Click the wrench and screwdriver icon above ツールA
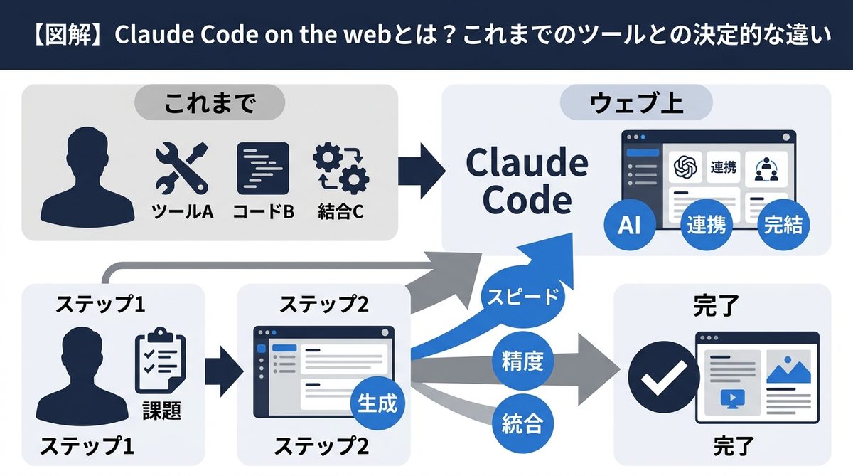pyautogui.click(x=182, y=169)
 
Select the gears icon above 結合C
pyautogui.click(x=340, y=169)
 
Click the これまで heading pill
pyautogui.click(x=210, y=105)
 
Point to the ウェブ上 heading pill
pyautogui.click(x=636, y=105)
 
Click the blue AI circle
pyautogui.click(x=630, y=225)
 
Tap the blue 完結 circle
pyautogui.click(x=783, y=225)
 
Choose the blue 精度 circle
pyautogui.click(x=522, y=361)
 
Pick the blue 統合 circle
pyautogui.click(x=522, y=424)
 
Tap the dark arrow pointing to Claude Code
pyautogui.click(x=421, y=171)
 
